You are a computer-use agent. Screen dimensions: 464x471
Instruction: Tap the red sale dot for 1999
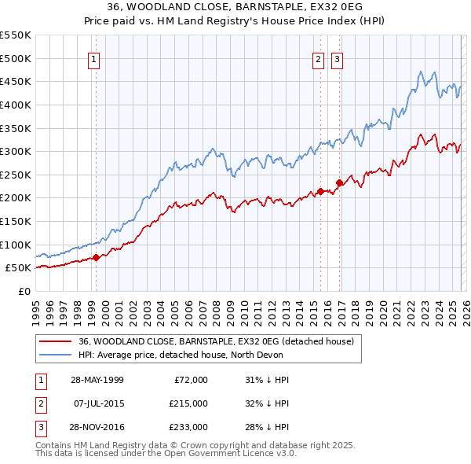pyautogui.click(x=96, y=257)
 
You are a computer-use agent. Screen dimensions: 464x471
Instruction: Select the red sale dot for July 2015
pyautogui.click(x=320, y=191)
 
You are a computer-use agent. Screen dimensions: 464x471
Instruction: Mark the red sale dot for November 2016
pyautogui.click(x=340, y=182)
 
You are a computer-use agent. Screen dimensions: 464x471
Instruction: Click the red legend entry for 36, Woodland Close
pyautogui.click(x=217, y=341)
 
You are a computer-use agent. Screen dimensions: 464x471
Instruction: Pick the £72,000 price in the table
pyautogui.click(x=190, y=380)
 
